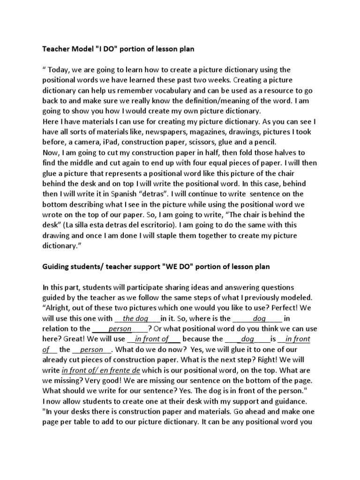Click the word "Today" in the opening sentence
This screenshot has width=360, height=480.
pos(60,70)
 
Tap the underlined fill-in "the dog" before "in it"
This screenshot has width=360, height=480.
pos(133,318)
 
